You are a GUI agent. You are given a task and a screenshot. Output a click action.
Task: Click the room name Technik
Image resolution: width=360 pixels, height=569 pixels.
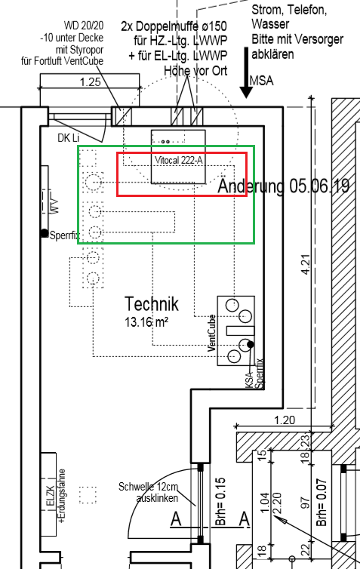pyautogui.click(x=152, y=304)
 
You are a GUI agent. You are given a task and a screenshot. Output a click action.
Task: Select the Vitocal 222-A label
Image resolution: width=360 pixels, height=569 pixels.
pyautogui.click(x=180, y=160)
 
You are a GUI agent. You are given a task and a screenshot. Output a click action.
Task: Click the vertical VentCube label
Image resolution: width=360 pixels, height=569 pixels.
pyautogui.click(x=212, y=333)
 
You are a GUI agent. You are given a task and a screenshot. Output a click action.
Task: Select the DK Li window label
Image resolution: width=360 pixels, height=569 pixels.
pyautogui.click(x=68, y=138)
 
